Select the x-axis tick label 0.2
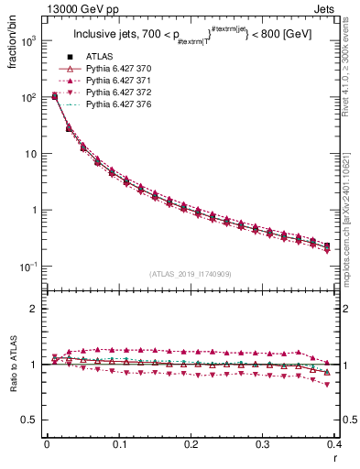click(x=191, y=445)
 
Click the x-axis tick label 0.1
click(x=119, y=445)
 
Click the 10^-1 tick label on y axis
click(x=29, y=267)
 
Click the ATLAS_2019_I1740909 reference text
click(x=191, y=274)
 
